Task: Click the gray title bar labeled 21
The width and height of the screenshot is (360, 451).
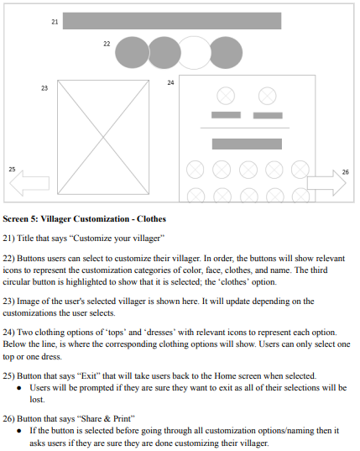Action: [172, 21]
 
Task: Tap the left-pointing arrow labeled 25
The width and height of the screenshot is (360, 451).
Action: [29, 183]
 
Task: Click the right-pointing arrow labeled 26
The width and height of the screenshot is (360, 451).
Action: [326, 182]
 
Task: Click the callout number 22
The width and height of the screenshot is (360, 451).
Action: [107, 44]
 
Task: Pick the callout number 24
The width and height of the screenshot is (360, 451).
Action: [170, 82]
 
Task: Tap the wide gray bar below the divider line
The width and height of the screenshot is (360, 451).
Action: [247, 144]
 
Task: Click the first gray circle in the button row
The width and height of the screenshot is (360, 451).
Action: [132, 53]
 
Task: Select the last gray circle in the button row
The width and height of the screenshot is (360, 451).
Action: [226, 53]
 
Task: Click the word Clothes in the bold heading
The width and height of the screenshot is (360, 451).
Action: [151, 219]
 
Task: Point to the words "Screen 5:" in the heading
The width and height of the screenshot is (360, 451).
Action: [20, 219]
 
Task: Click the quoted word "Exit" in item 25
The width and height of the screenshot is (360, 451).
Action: [89, 376]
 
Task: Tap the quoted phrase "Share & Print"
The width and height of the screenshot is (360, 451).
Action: [106, 418]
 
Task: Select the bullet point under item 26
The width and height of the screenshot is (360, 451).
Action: [19, 431]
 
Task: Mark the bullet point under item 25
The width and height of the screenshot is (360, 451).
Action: [19, 388]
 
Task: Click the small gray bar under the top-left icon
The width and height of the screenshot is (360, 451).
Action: [226, 115]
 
